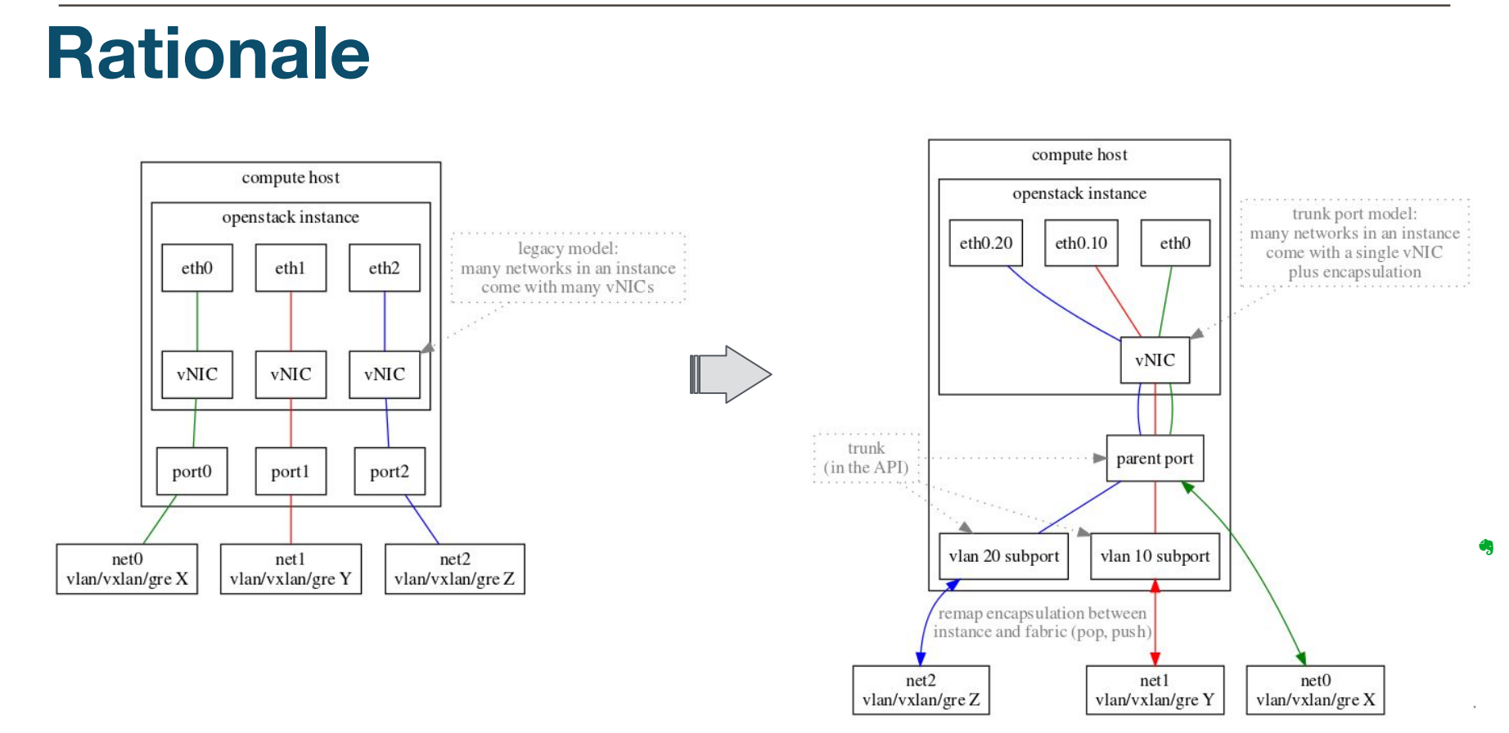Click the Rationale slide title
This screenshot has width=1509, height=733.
(208, 54)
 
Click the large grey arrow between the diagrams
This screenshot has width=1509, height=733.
(731, 374)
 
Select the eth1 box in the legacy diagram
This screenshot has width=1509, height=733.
(291, 268)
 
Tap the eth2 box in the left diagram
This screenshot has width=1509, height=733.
(384, 268)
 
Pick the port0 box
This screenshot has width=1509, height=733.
(191, 471)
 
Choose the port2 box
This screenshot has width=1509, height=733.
(390, 471)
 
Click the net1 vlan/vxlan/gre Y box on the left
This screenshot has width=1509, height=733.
(291, 568)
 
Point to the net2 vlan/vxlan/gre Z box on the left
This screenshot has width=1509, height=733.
(454, 568)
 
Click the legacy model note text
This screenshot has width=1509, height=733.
(568, 268)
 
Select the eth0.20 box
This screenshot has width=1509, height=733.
(985, 242)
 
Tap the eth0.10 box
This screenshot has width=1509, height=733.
(1080, 242)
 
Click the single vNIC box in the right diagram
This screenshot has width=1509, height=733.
(1155, 360)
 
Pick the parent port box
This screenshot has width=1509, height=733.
(1155, 458)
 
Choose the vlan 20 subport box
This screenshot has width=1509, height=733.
(1003, 556)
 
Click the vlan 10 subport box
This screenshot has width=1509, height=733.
(1155, 556)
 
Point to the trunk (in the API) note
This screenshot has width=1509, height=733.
(866, 458)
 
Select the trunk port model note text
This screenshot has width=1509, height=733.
(1354, 242)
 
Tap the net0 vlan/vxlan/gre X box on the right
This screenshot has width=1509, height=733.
(1315, 690)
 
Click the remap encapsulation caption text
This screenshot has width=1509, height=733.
(1042, 622)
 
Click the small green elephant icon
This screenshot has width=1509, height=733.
(1486, 546)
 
